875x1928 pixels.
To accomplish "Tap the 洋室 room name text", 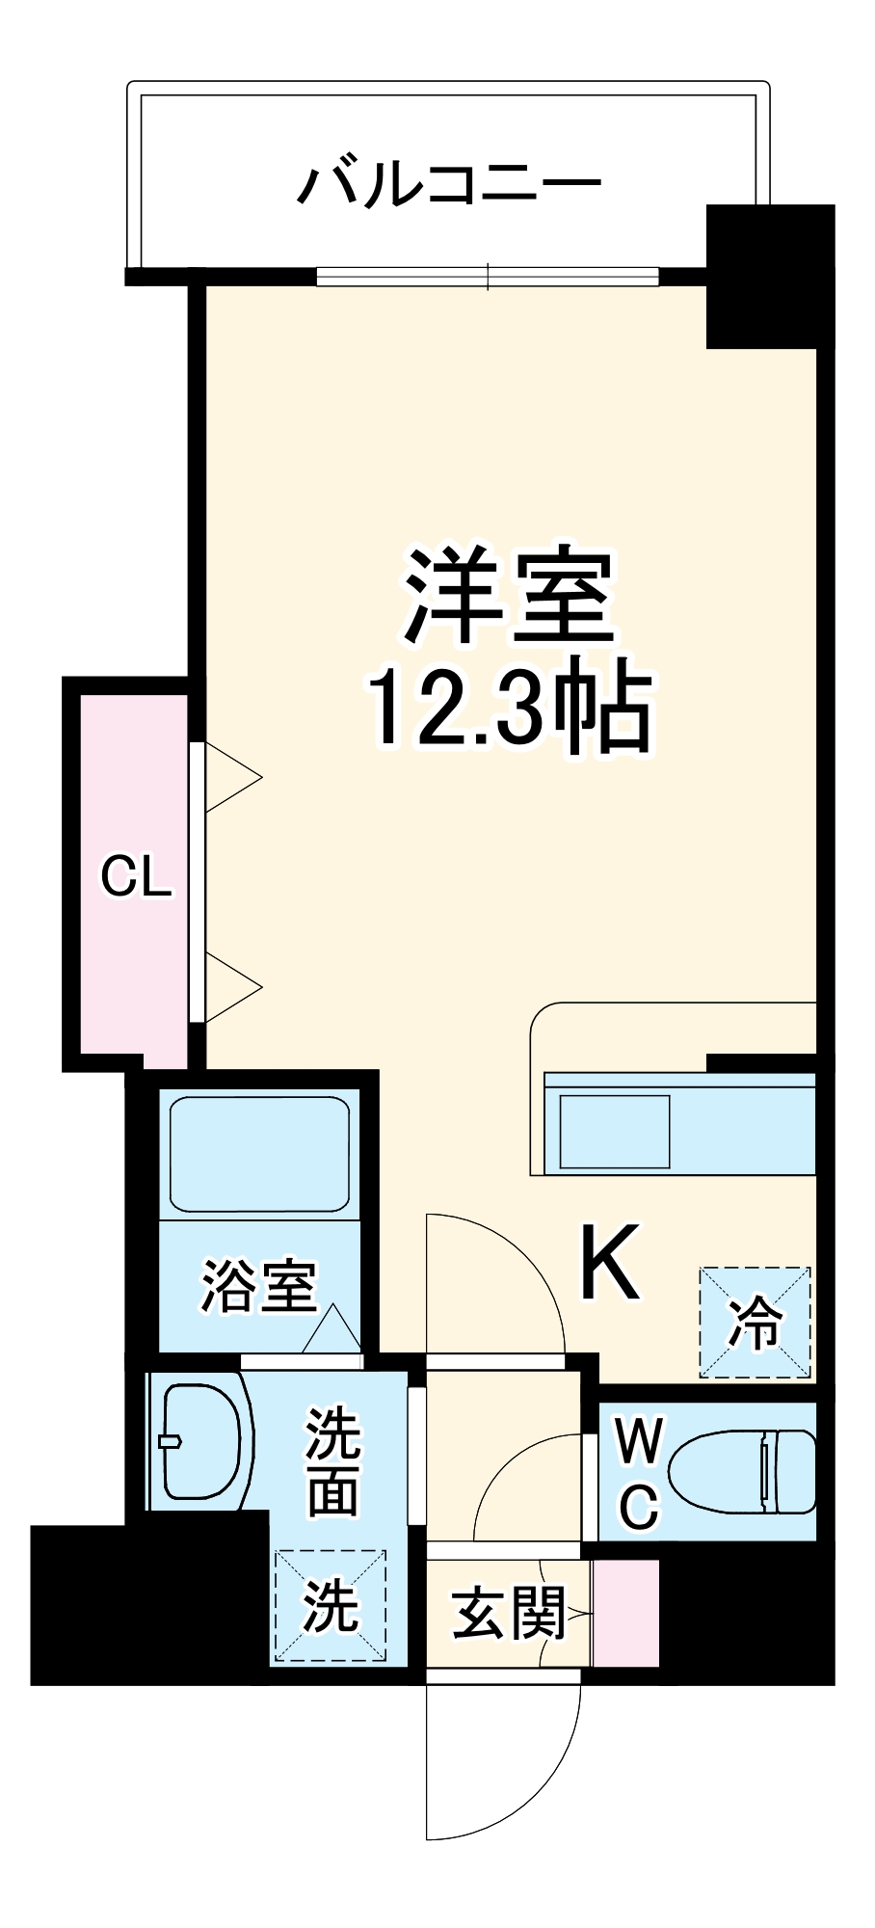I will (x=509, y=598).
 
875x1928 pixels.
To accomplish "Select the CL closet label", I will (x=136, y=877).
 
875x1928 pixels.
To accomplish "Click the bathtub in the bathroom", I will (x=259, y=1153).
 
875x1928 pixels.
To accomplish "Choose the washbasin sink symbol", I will (x=200, y=1441).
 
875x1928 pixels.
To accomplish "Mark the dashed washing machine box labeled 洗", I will (x=331, y=1605).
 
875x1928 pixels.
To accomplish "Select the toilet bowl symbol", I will (x=742, y=1471).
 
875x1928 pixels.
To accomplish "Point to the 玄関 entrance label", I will (x=508, y=1612).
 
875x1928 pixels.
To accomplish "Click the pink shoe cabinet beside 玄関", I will (x=625, y=1612).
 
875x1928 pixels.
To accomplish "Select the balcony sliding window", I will (x=488, y=277).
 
